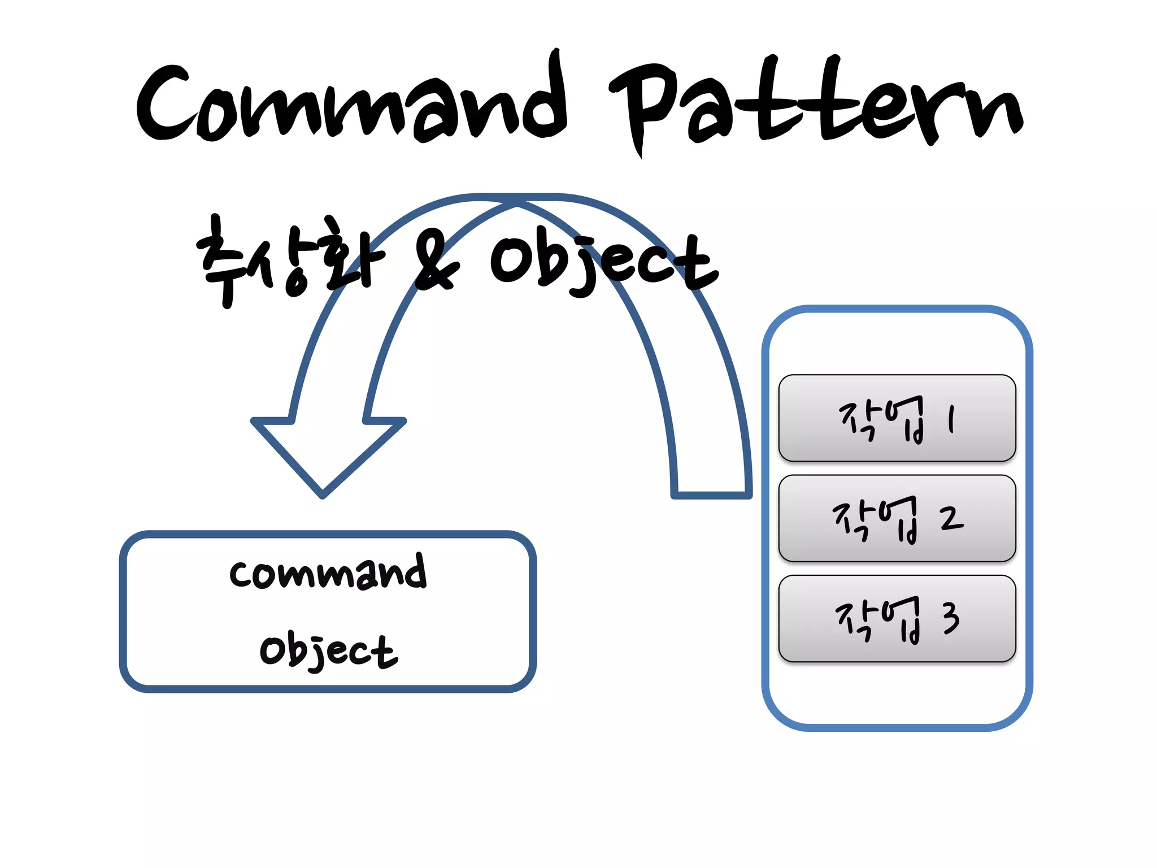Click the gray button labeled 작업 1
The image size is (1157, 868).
[x=897, y=418]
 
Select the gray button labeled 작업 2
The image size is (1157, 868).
[x=897, y=518]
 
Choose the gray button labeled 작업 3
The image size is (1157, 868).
[x=897, y=618]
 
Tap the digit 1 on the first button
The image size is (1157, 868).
[x=951, y=419]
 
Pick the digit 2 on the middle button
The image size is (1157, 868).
[x=951, y=518]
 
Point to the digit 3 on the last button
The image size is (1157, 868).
[x=951, y=618]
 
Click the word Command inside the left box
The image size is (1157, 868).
[x=328, y=573]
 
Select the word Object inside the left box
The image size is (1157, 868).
[x=328, y=651]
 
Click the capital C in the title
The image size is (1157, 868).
[x=167, y=105]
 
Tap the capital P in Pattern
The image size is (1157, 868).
[x=644, y=105]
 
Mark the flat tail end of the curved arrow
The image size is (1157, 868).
[x=711, y=494]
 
